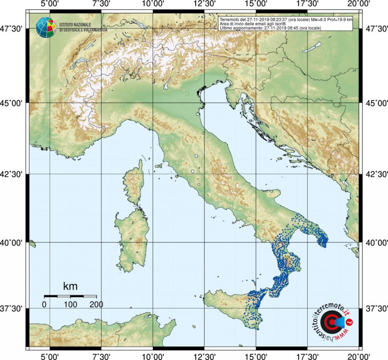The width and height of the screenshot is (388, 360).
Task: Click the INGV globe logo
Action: [46, 27]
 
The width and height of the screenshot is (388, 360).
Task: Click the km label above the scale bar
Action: [70, 286]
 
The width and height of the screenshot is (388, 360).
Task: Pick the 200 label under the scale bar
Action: [96, 304]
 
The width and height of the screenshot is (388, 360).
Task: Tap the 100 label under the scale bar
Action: [70, 304]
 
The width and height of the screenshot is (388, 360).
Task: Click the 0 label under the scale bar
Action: [44, 304]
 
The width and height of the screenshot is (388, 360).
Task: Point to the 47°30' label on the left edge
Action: [14, 29]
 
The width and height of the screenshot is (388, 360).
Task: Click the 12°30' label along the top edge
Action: [204, 5]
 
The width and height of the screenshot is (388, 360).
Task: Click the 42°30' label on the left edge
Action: [14, 174]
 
